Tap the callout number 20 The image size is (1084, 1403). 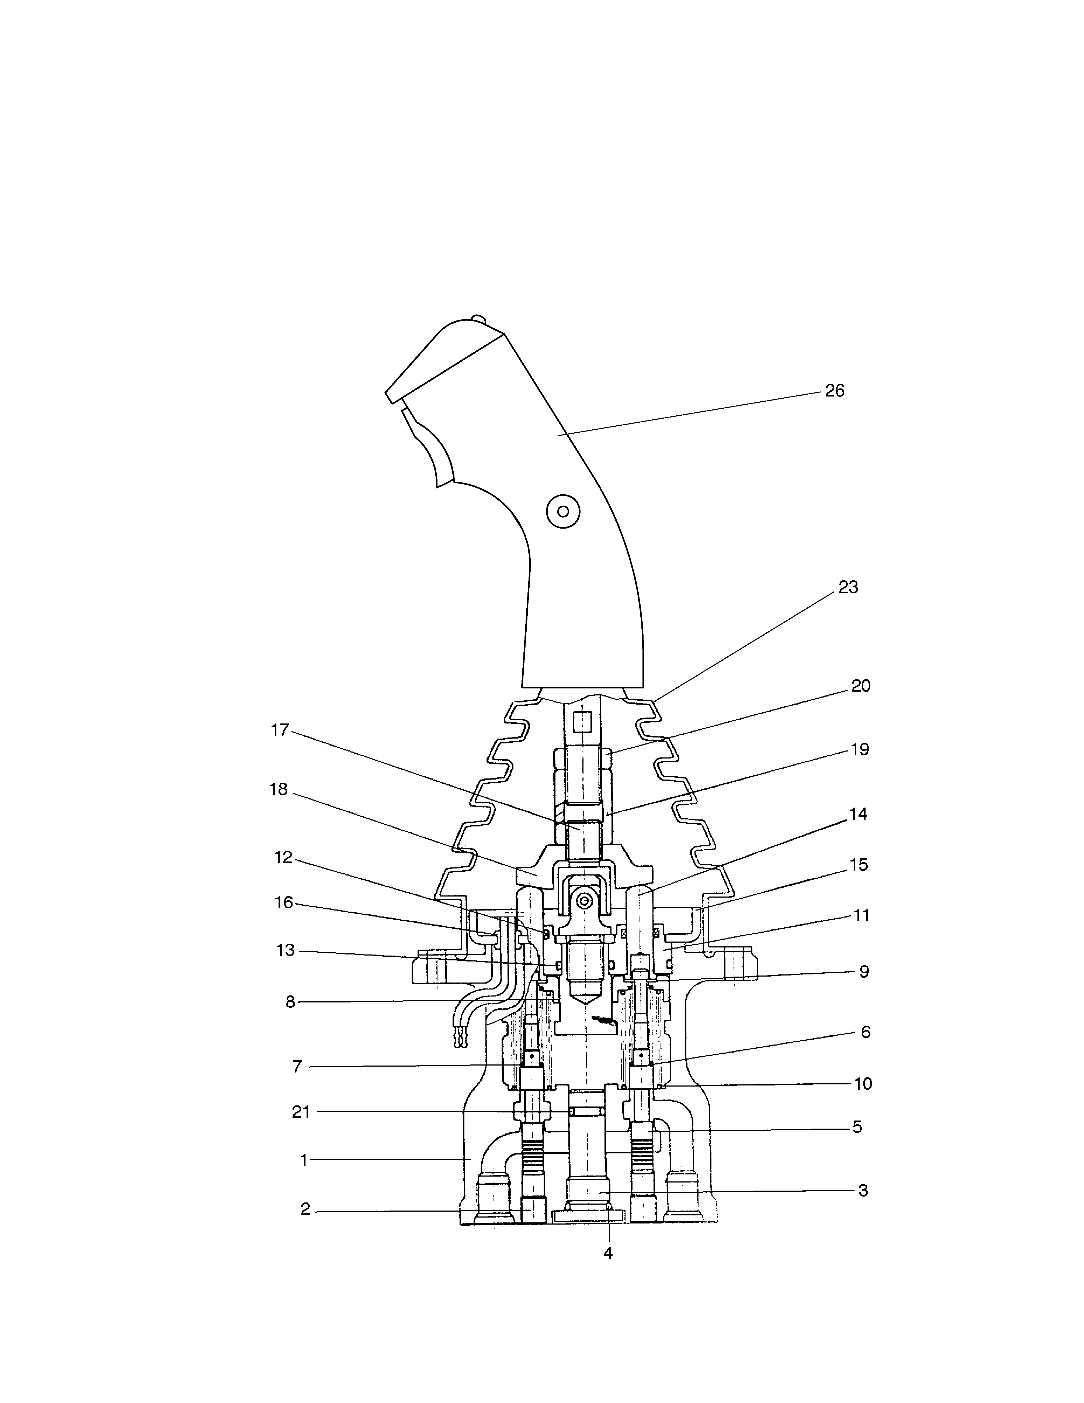(x=861, y=686)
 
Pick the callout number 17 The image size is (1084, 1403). (x=280, y=730)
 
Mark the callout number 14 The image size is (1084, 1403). (x=858, y=815)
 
